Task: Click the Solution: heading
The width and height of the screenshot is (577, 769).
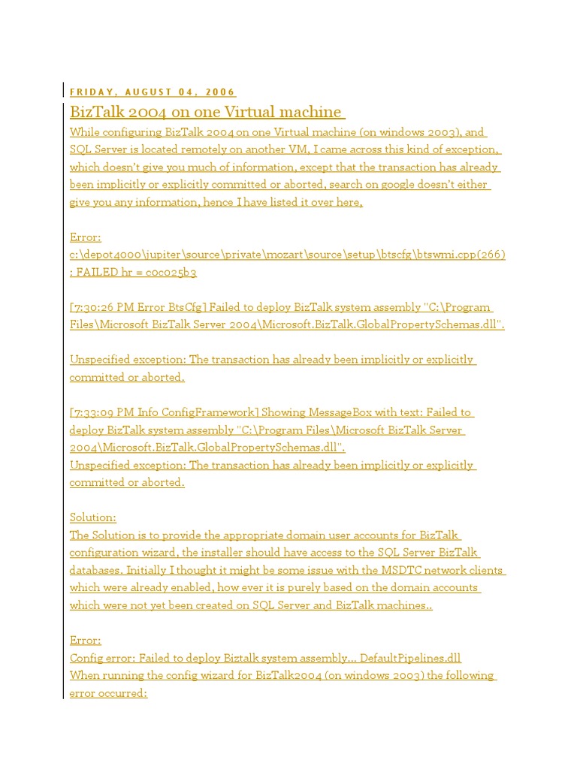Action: [93, 517]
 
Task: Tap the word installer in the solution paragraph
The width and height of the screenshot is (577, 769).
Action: [249, 553]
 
